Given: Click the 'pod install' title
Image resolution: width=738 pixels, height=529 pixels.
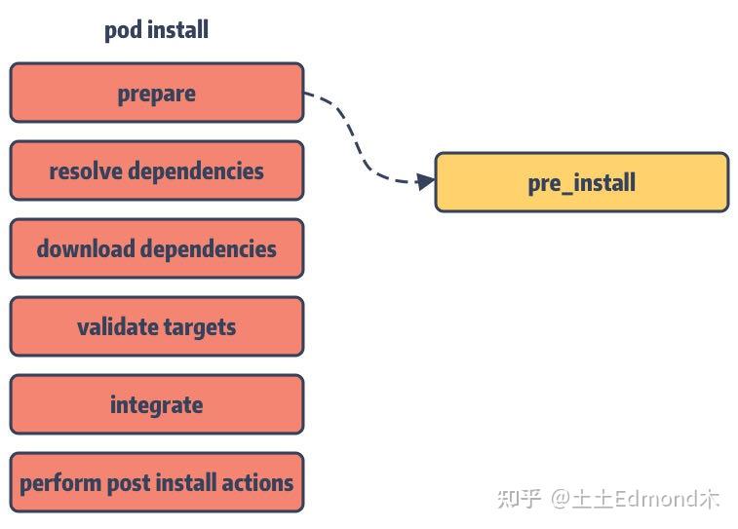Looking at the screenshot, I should click(156, 30).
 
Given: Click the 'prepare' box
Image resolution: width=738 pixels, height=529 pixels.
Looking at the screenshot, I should click(156, 94).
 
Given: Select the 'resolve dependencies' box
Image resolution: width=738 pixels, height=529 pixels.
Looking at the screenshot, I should click(156, 171).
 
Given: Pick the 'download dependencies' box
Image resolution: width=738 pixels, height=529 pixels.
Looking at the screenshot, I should click(156, 249).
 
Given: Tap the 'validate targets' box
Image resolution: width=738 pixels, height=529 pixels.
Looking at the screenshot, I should click(156, 327).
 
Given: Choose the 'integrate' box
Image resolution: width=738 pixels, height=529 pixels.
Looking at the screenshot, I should click(156, 405).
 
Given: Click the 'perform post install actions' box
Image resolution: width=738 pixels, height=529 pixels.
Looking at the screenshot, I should click(156, 483).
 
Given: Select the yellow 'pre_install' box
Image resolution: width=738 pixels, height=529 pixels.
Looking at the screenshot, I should click(581, 182).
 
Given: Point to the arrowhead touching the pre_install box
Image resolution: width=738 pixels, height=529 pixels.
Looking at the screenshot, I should click(425, 181).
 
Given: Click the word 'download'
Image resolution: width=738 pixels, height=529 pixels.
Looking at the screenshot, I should click(85, 249).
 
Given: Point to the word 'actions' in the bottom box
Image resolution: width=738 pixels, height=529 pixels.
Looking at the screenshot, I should click(259, 483).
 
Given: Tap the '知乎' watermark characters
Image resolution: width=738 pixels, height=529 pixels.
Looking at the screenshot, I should click(519, 499).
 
